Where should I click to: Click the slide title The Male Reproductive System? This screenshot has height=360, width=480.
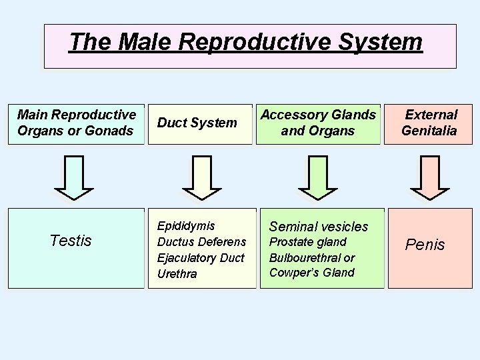[x=245, y=42]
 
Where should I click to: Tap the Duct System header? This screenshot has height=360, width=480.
[x=197, y=123]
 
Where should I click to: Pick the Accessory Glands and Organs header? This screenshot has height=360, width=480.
[x=318, y=123]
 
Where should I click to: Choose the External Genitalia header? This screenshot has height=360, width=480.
[x=429, y=123]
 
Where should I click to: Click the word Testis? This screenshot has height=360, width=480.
[x=71, y=241]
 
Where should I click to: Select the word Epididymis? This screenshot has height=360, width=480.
[x=186, y=226]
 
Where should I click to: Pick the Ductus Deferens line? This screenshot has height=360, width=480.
[x=201, y=241]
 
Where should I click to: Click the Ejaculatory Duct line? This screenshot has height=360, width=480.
[x=201, y=257]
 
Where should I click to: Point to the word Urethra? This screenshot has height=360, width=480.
[x=177, y=273]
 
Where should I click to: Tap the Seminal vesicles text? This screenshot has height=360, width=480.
[x=318, y=227]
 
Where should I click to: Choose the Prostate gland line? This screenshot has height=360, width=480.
[x=307, y=241]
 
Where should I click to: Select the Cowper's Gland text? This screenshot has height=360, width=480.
[x=311, y=272]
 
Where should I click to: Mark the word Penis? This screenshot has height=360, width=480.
[x=425, y=245]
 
